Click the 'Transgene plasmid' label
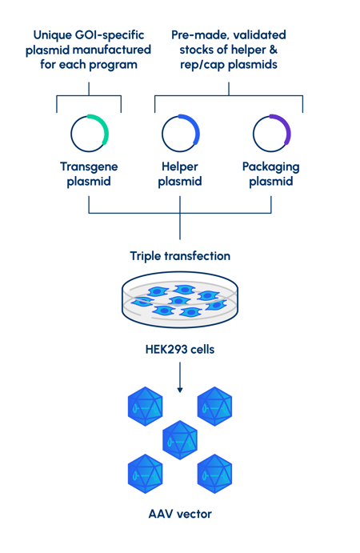pyautogui.click(x=89, y=174)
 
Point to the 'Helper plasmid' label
pyautogui.click(x=180, y=174)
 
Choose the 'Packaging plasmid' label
pyautogui.click(x=270, y=174)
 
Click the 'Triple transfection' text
pyautogui.click(x=180, y=256)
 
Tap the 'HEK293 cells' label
pyautogui.click(x=180, y=350)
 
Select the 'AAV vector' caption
pyautogui.click(x=180, y=514)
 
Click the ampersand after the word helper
pyautogui.click(x=274, y=50)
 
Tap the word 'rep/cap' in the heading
pyautogui.click(x=202, y=66)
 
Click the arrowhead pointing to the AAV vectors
pyautogui.click(x=180, y=390)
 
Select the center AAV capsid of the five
pyautogui.click(x=180, y=440)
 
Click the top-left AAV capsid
pyautogui.click(x=146, y=407)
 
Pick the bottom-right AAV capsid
pyautogui.click(x=214, y=474)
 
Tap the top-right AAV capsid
pyautogui.click(x=214, y=407)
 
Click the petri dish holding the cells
pyautogui.click(x=180, y=299)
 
